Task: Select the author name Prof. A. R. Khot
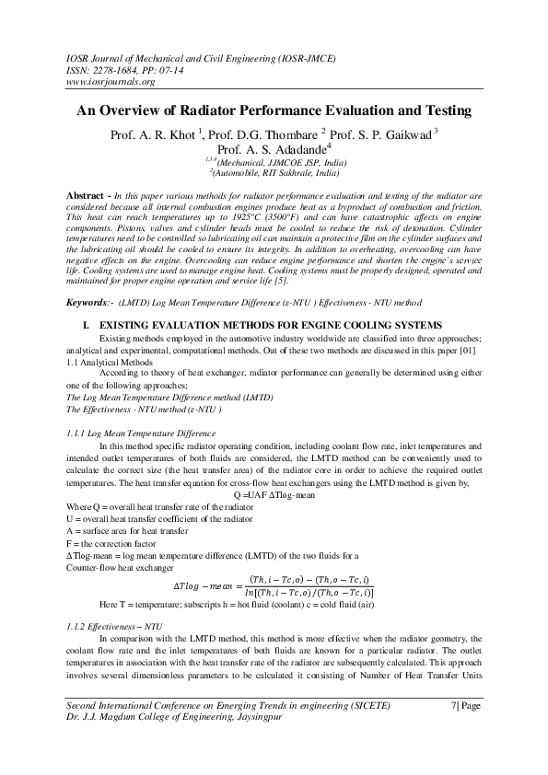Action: click(x=152, y=134)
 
